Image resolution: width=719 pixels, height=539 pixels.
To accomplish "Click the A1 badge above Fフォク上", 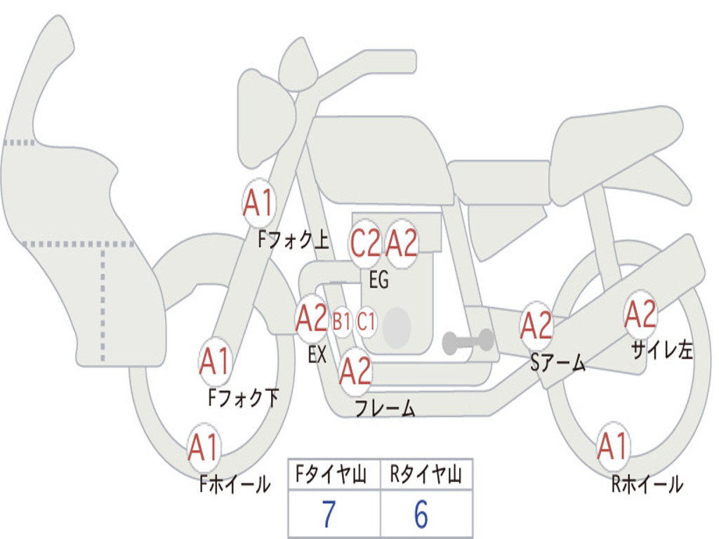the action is [x=258, y=204].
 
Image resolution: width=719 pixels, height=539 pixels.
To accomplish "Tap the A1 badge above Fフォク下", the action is [x=215, y=362].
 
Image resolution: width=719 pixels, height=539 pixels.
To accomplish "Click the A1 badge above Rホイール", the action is [x=612, y=446].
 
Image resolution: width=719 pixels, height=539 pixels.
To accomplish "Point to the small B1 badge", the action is [x=341, y=322].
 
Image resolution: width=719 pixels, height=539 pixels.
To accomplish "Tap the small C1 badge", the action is [x=367, y=322].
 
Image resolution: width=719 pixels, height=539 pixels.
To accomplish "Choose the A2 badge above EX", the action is [x=312, y=319].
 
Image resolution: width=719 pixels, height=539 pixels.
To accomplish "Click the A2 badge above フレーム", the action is [x=355, y=371].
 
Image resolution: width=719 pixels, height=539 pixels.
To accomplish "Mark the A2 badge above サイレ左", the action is [x=641, y=314].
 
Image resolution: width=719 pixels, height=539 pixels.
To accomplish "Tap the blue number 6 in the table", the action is [x=421, y=515].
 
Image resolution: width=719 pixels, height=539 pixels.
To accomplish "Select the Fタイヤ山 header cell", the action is [x=334, y=476].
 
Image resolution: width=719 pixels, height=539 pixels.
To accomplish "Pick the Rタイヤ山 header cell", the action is [x=426, y=476].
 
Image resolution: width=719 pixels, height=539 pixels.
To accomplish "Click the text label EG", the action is [x=378, y=281].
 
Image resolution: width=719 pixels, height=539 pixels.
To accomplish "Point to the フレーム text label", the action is [x=385, y=408].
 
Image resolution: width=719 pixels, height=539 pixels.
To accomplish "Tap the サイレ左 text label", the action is [x=662, y=350].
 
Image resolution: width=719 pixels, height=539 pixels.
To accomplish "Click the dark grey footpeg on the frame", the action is [x=468, y=341].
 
